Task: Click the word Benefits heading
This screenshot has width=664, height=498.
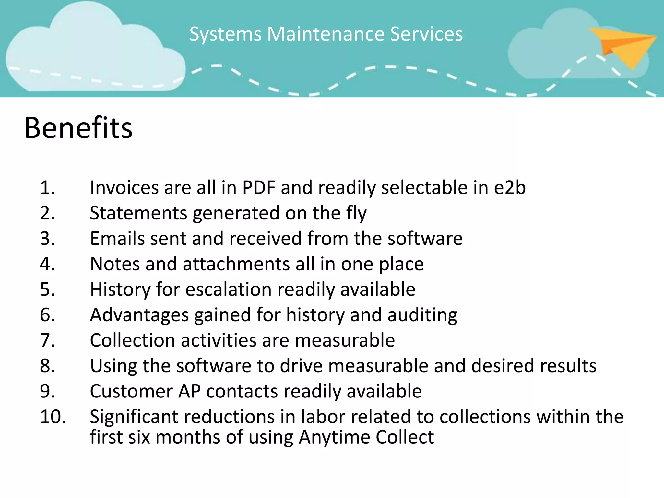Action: [78, 128]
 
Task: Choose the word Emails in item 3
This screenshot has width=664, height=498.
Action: [117, 238]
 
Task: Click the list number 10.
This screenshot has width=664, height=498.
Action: [53, 417]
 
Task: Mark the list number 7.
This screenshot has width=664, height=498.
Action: [47, 340]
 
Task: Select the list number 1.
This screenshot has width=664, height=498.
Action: [47, 188]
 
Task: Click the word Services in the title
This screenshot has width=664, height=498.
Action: [426, 34]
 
